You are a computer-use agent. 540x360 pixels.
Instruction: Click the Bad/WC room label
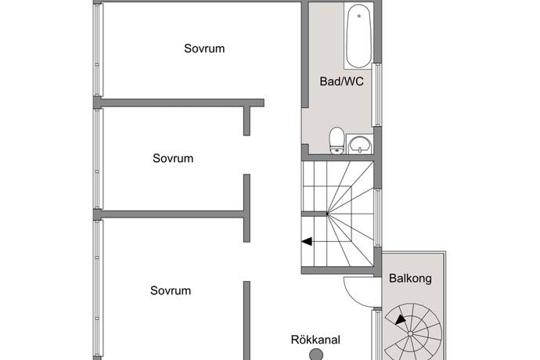(341, 81)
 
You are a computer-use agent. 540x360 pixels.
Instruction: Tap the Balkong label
(410, 279)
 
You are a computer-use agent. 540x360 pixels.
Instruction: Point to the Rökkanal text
(315, 340)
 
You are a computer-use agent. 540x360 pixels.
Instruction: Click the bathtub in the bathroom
(358, 36)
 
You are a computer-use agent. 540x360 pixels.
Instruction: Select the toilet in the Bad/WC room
(337, 141)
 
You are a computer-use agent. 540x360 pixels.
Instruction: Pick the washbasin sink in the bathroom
(360, 144)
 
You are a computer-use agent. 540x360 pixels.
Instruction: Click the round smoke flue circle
(316, 355)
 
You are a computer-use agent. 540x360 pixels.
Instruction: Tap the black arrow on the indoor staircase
(307, 242)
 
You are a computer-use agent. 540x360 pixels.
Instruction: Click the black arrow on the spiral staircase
(400, 320)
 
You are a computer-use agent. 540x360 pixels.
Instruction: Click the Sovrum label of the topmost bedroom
(204, 49)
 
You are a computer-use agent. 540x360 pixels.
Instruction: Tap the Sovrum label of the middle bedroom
(173, 158)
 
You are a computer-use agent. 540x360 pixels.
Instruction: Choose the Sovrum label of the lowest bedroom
(171, 291)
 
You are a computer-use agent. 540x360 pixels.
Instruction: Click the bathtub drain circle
(359, 16)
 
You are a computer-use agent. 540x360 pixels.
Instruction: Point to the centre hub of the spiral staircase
(410, 333)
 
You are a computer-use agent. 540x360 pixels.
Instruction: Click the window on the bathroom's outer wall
(378, 95)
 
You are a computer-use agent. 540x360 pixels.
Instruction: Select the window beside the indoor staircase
(378, 218)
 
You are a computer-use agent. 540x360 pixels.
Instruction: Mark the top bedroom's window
(98, 50)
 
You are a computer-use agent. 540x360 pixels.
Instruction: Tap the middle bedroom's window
(98, 159)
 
